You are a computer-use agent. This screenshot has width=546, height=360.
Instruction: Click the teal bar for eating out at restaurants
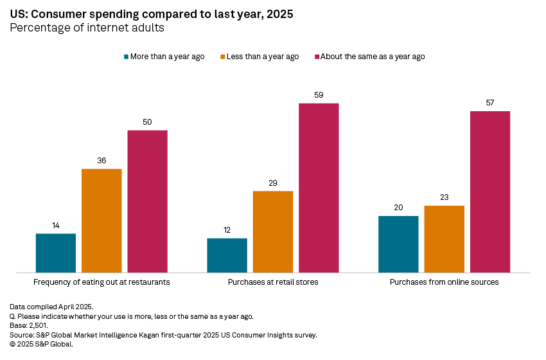[56, 253]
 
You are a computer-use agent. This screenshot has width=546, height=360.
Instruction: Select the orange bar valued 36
[101, 221]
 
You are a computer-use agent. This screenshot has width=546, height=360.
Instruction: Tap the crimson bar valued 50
[147, 201]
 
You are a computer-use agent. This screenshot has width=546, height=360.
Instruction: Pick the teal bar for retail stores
[227, 255]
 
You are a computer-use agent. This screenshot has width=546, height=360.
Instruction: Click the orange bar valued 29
[273, 231]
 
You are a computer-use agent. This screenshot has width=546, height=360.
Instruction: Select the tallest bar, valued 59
[319, 188]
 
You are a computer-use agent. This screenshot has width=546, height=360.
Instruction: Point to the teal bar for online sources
[398, 244]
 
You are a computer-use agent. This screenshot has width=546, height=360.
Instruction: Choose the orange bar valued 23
[445, 239]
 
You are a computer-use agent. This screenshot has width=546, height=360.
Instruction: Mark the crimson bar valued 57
[490, 192]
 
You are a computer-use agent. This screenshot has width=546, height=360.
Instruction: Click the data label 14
[56, 226]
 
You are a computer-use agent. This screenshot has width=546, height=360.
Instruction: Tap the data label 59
[319, 95]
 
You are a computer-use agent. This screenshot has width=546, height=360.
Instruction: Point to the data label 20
[398, 208]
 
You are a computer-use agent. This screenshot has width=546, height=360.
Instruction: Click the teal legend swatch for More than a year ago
[127, 57]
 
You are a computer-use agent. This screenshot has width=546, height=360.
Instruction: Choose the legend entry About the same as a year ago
[373, 57]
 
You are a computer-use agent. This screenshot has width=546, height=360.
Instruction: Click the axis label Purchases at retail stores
[273, 282]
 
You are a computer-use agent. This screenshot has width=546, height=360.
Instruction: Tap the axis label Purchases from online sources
[445, 282]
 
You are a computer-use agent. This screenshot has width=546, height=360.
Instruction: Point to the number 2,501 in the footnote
[39, 325]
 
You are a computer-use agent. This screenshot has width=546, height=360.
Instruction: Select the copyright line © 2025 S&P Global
[42, 344]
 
